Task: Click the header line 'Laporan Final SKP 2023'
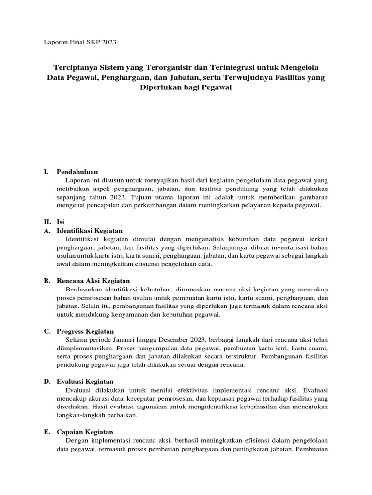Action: click(x=80, y=42)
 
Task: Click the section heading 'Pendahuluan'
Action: click(x=77, y=172)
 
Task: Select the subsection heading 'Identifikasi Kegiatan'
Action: click(x=90, y=231)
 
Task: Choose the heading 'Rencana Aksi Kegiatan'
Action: click(x=93, y=281)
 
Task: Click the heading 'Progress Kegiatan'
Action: click(x=85, y=331)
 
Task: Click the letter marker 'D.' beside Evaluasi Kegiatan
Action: click(x=47, y=381)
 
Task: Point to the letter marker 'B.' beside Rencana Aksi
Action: click(x=47, y=281)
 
